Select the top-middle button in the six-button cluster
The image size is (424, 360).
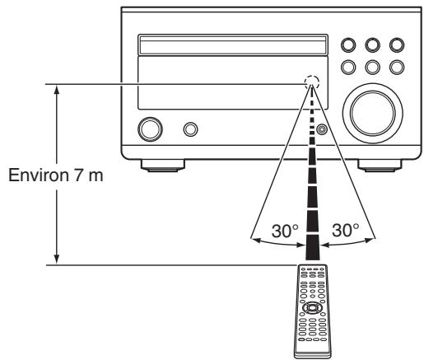point(373,44)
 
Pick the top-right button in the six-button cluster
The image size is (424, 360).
point(398,44)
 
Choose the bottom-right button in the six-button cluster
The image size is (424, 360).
point(398,67)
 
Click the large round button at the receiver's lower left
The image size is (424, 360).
point(151,129)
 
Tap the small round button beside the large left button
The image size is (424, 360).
point(191,129)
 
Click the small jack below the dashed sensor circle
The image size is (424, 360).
point(321,129)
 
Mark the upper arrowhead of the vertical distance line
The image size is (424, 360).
point(56,88)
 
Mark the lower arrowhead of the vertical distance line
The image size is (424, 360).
point(56,258)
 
